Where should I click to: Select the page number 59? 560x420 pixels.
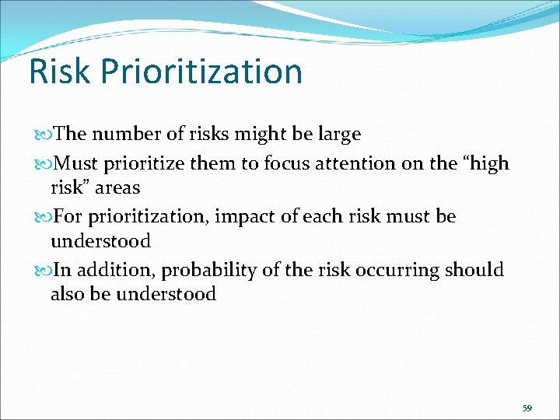coord(527,408)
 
